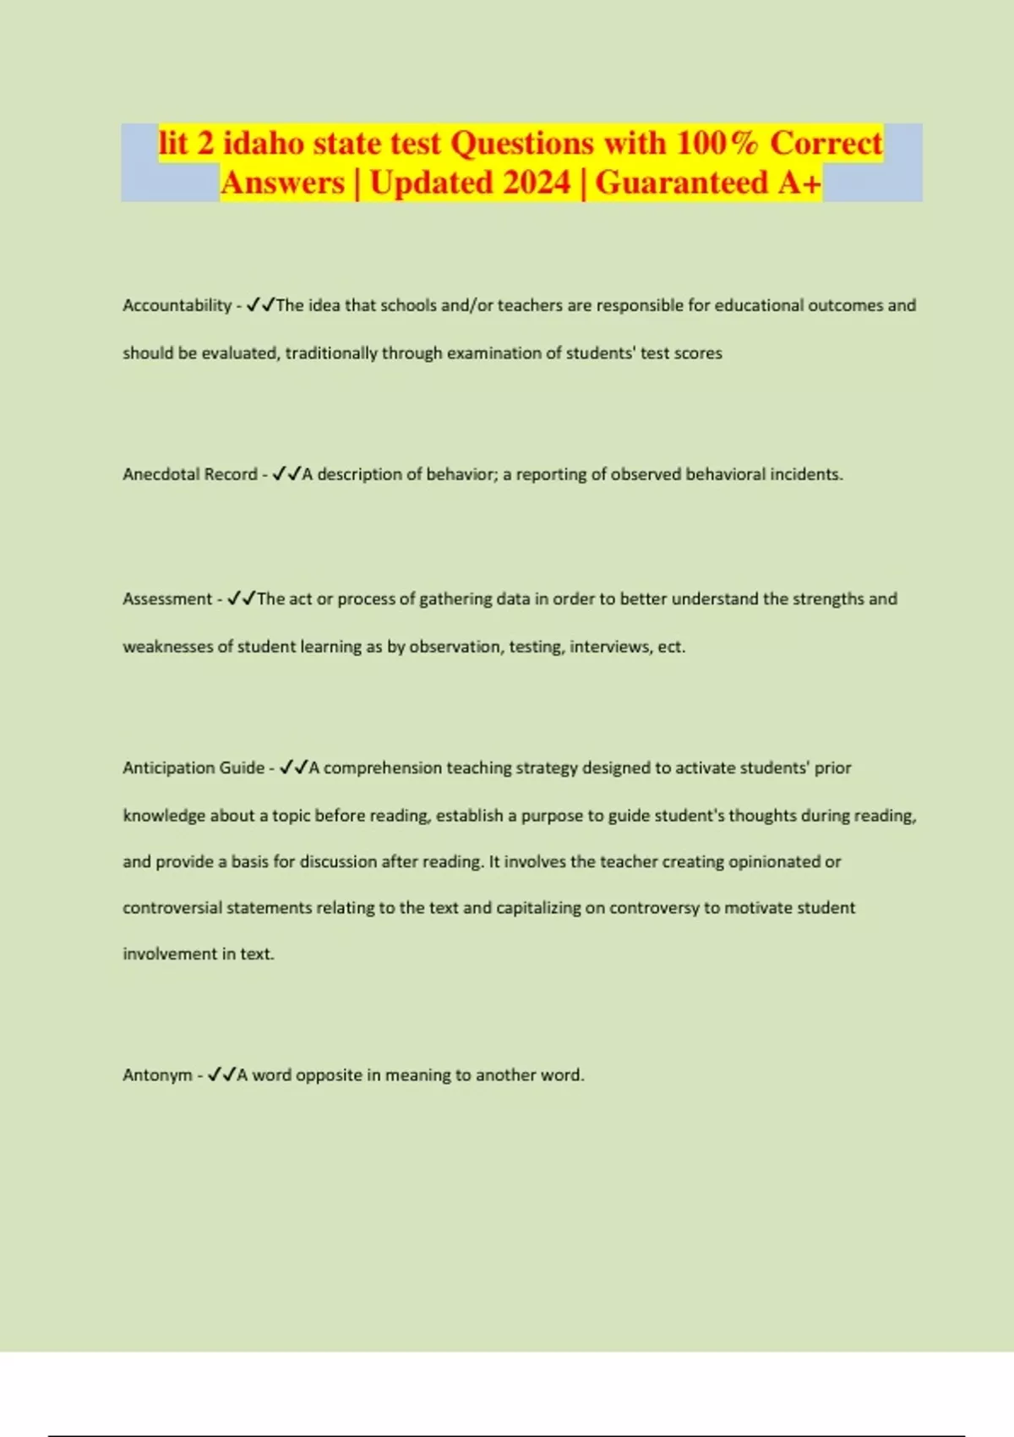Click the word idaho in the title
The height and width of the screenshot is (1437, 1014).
263,143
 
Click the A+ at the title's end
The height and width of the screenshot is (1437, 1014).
799,183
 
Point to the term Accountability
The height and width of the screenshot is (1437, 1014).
177,305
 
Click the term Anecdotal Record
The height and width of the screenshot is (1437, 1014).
190,474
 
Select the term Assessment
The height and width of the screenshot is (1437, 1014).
167,598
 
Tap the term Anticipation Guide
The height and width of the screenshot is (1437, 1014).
194,768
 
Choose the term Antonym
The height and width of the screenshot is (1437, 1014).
157,1075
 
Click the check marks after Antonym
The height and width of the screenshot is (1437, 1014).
221,1074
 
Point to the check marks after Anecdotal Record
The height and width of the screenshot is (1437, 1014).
286,474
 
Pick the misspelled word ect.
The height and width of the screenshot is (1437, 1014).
672,647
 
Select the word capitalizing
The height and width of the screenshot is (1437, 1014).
537,908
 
